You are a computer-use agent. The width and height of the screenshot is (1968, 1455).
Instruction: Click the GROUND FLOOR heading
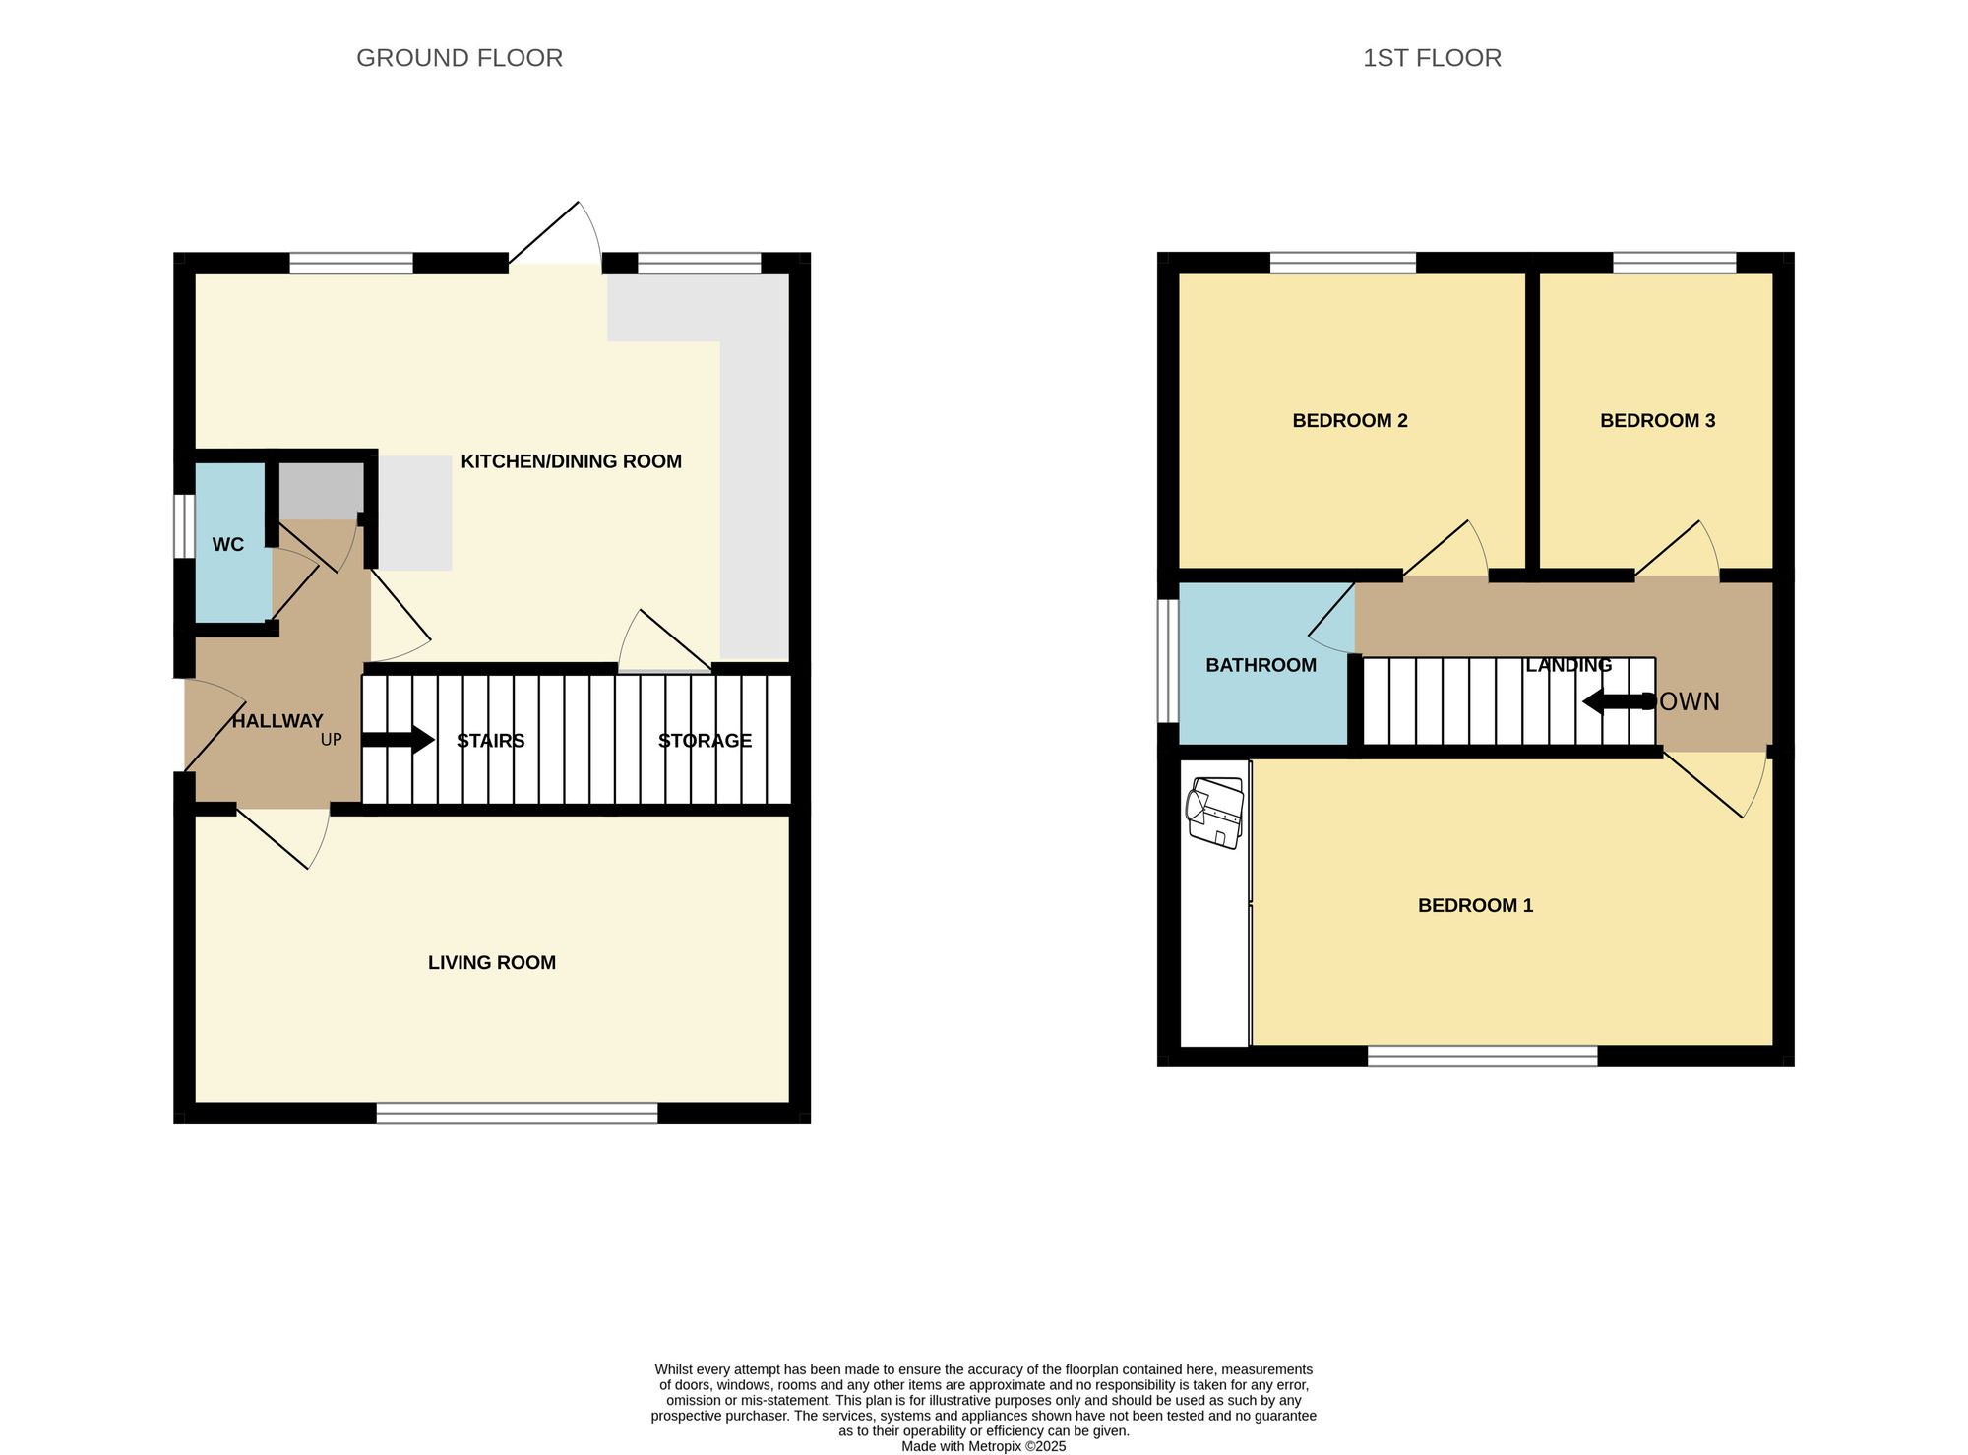(x=459, y=58)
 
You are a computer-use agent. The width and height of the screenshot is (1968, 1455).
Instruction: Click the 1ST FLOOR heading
(x=1431, y=58)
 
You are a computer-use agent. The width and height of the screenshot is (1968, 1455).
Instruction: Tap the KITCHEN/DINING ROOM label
(x=571, y=461)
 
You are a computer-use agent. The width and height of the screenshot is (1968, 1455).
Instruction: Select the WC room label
(x=227, y=545)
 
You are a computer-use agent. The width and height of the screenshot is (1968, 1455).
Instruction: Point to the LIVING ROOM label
(x=491, y=963)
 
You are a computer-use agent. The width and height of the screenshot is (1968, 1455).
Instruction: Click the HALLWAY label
(x=277, y=721)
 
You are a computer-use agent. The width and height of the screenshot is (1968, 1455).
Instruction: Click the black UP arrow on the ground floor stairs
(x=398, y=740)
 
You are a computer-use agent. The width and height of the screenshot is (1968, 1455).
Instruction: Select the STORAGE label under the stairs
(x=705, y=741)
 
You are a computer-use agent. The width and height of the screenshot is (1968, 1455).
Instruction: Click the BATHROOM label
(x=1261, y=666)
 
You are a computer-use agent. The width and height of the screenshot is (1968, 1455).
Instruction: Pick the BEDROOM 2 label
(x=1349, y=421)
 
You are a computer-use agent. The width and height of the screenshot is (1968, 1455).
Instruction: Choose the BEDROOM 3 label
(x=1657, y=421)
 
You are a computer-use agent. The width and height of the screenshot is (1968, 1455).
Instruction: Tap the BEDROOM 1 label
(x=1474, y=906)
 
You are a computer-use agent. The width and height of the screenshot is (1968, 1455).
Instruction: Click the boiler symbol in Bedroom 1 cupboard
(x=1216, y=813)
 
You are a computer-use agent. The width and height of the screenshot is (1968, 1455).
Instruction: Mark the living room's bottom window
(x=517, y=1113)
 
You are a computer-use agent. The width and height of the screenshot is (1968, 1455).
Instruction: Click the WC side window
(x=183, y=525)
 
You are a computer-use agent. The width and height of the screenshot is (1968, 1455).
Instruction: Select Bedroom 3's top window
(x=1674, y=262)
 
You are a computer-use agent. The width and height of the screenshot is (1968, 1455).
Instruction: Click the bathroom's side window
(x=1167, y=660)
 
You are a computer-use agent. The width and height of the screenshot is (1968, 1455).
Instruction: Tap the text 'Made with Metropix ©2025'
(x=983, y=1446)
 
